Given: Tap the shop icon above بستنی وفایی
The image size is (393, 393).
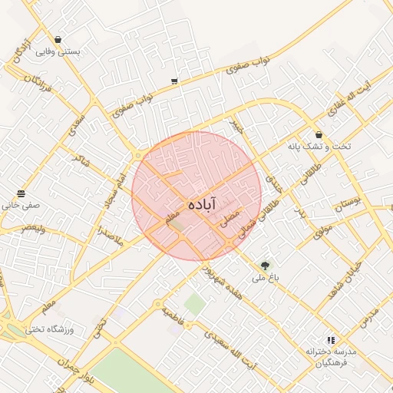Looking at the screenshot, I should point(58,38).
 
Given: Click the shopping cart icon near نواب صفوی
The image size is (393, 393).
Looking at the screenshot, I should point(175,81).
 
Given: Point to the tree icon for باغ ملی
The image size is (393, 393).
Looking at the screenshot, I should point(266,266).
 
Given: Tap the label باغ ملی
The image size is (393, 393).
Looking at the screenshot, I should point(266,278).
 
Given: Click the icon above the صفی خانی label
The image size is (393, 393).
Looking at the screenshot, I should point(21,193).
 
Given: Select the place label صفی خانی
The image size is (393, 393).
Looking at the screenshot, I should point(21,206).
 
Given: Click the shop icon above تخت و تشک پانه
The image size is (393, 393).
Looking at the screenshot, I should point(318,134).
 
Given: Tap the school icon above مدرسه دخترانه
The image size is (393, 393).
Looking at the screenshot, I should point(331,339).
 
